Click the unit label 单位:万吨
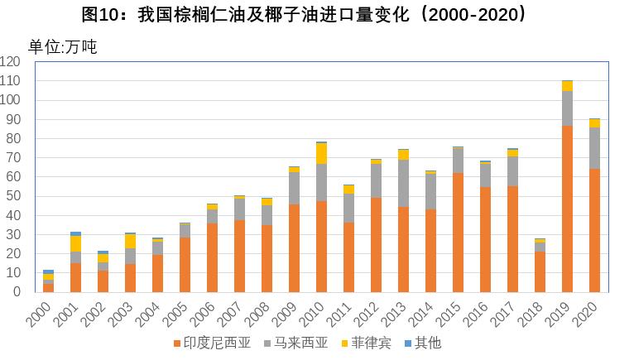coord(63,47)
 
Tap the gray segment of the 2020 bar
coord(594,148)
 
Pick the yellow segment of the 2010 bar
coord(321,153)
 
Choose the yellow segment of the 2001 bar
coord(75,243)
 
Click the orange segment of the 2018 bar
coord(540,271)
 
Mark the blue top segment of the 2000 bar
coord(48,271)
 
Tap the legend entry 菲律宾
coord(368,343)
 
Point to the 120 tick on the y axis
coord(11,61)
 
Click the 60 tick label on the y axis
coord(13,176)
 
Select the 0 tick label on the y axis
coord(17,291)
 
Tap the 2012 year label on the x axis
coord(371,312)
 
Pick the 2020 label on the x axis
coord(589,312)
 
